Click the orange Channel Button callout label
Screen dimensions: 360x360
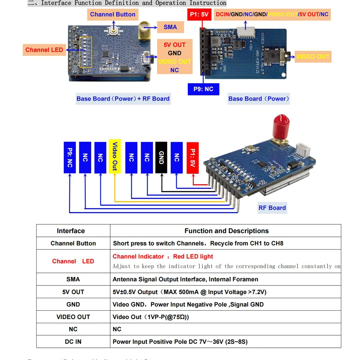[x=113, y=14]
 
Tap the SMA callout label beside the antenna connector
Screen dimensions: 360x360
[x=170, y=27]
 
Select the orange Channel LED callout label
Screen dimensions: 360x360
[x=44, y=50]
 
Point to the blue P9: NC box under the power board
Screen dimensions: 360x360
[x=203, y=89]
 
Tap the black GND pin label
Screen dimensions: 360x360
[x=161, y=157]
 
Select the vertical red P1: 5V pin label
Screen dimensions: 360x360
[x=193, y=158]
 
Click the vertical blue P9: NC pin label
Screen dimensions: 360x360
[x=70, y=157]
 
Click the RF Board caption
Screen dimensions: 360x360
[x=272, y=208]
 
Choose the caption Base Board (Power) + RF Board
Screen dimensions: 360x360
[x=123, y=99]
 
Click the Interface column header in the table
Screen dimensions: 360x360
[x=71, y=231]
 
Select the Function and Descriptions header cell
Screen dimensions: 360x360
[x=226, y=231]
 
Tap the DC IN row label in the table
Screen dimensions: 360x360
[x=73, y=342]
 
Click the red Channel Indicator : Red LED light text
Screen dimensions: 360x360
[x=163, y=257]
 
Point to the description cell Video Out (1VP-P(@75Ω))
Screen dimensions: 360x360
[x=150, y=317]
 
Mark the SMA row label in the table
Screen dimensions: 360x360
[x=73, y=279]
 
